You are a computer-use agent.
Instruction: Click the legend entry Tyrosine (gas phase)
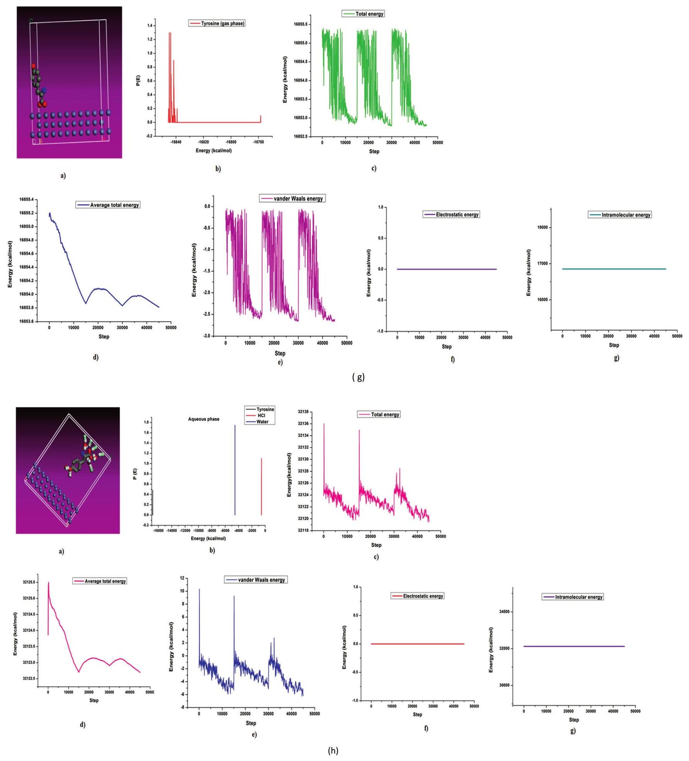point(217,24)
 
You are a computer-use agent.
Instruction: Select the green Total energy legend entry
point(363,14)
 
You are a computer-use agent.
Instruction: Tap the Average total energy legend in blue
point(108,205)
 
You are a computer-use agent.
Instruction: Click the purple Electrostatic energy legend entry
point(451,214)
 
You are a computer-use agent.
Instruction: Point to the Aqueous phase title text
point(204,419)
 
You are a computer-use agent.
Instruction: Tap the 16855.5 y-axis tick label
point(301,24)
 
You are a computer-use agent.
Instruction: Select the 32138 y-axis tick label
point(303,412)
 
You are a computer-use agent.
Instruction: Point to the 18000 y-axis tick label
point(542,228)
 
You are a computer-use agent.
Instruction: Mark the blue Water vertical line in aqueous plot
point(235,471)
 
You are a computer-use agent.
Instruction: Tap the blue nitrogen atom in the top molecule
point(44,90)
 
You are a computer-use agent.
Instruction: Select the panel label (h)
point(333,750)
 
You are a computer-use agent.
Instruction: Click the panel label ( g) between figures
point(358,377)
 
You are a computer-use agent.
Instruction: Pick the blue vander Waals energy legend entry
point(256,580)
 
